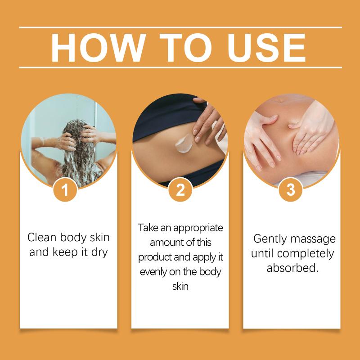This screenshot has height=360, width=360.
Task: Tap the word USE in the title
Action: pos(266,48)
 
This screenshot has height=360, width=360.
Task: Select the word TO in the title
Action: pos(185,48)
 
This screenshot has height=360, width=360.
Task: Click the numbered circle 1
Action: pos(65,189)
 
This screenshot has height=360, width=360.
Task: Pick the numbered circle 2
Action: pos(180,189)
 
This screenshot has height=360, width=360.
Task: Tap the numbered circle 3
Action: pos(290,189)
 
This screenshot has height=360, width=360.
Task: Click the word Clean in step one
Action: pos(42,238)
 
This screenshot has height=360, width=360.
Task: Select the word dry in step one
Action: pos(99,253)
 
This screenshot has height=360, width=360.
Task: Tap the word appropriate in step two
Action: pos(198,229)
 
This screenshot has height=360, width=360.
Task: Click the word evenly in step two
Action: pos(153,272)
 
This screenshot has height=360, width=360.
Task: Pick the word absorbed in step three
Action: pos(292,268)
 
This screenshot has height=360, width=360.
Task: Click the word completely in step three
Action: pos(306,254)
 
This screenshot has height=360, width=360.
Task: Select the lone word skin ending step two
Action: pos(180,287)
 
